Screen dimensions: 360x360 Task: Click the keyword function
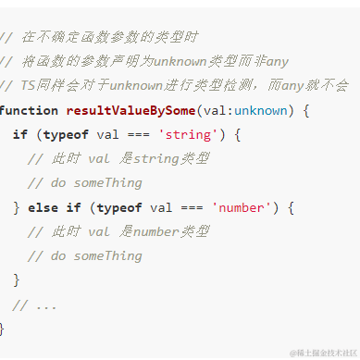pyautogui.click(x=29, y=110)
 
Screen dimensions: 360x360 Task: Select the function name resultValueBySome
pyautogui.click(x=130, y=110)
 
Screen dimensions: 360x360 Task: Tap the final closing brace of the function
pyautogui.click(x=3, y=328)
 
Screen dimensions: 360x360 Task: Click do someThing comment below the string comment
pyautogui.click(x=85, y=183)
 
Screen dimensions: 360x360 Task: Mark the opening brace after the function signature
pyautogui.click(x=304, y=110)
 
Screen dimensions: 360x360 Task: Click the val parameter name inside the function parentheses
pyautogui.click(x=214, y=110)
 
